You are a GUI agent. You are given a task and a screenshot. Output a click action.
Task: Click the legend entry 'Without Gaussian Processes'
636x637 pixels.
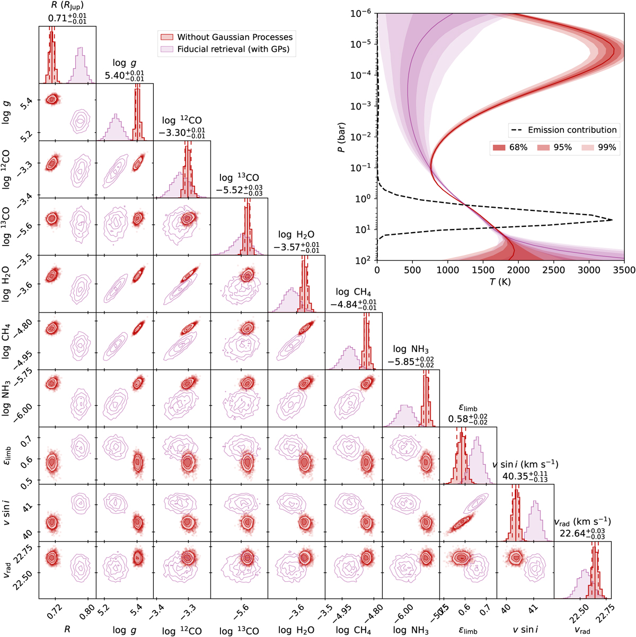(235, 37)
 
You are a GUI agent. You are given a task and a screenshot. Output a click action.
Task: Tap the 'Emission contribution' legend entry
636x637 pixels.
(572, 130)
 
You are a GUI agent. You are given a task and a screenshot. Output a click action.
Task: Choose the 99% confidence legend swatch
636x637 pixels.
(588, 147)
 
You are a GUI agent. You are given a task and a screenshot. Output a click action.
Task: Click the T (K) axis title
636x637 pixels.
(500, 282)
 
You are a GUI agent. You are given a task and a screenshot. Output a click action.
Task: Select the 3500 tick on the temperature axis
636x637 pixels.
(624, 270)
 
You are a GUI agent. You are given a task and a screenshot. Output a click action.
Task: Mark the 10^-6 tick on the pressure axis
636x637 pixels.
(363, 14)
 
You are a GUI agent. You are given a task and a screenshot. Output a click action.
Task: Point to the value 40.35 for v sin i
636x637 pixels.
(515, 476)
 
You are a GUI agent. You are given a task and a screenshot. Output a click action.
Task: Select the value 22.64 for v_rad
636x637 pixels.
(572, 533)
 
